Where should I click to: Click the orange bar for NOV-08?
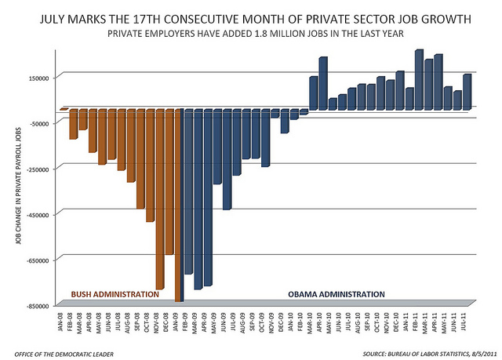tap(159, 199)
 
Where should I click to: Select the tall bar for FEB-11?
tap(418, 79)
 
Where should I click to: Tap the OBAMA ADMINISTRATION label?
tap(336, 294)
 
